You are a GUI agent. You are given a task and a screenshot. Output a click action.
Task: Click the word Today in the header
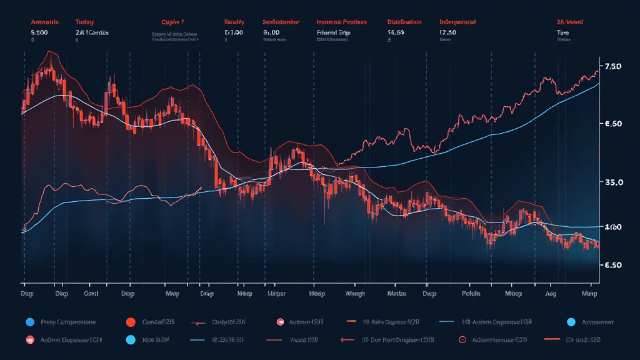pos(84,22)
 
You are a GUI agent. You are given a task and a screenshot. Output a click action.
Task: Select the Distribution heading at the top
pos(404,22)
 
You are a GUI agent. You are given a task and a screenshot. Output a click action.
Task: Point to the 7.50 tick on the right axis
pos(612,67)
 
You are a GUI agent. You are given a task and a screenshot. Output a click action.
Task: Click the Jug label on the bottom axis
pos(551,292)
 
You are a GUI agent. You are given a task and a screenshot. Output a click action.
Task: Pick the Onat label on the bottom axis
pos(92,292)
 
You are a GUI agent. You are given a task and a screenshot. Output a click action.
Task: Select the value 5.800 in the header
pos(40,32)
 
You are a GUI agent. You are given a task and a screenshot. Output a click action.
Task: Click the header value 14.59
pos(396,32)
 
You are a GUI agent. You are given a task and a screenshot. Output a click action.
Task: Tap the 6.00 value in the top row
pos(271,32)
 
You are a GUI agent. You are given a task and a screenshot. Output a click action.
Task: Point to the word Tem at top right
pos(562,32)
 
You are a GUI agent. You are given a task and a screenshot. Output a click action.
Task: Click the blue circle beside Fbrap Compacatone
pos(29,322)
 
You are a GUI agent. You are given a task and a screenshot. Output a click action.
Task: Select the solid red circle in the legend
pos(131,322)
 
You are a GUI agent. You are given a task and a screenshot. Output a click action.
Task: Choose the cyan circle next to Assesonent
pos(570,322)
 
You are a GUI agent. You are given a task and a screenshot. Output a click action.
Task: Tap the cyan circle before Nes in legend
pos(131,341)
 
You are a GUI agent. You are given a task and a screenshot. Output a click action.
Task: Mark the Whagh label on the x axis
pos(354,292)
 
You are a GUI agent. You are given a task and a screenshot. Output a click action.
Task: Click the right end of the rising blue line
pos(598,83)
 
